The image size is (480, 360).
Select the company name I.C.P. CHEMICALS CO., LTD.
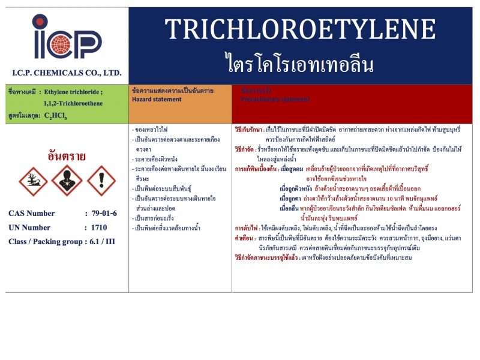point(67,73)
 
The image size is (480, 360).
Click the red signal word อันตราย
point(67,156)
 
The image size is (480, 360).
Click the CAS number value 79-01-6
point(104,214)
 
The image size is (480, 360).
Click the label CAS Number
point(32,214)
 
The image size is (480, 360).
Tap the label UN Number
point(30,228)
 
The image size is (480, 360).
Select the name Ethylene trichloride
point(70,92)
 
